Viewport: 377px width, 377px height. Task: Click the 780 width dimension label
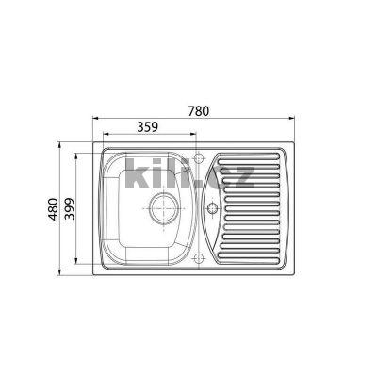pyautogui.click(x=198, y=110)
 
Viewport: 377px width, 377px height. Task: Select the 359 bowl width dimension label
pyautogui.click(x=147, y=126)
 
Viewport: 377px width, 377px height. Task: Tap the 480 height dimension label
pyautogui.click(x=53, y=209)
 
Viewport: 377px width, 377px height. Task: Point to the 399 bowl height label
pyautogui.click(x=69, y=209)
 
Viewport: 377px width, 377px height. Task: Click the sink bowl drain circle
pyautogui.click(x=164, y=208)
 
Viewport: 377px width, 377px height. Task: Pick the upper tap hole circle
pyautogui.click(x=199, y=157)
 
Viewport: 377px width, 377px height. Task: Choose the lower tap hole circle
pyautogui.click(x=199, y=259)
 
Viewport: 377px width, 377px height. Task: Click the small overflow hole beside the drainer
pyautogui.click(x=212, y=208)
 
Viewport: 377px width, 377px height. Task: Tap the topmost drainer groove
pyautogui.click(x=249, y=156)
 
